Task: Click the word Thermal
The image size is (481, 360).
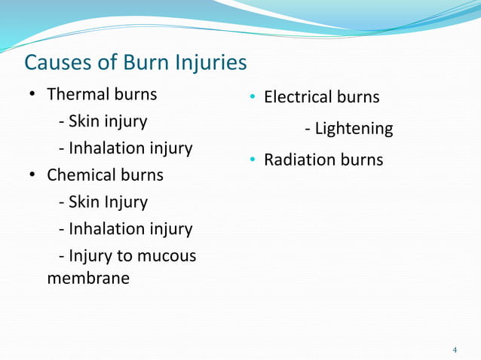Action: click(x=78, y=95)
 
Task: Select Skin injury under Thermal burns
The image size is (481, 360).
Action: click(x=107, y=121)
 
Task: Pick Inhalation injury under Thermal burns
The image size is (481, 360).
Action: click(x=130, y=148)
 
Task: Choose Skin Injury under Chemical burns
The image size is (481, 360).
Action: click(x=107, y=203)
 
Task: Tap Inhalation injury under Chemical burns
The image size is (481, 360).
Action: click(x=130, y=229)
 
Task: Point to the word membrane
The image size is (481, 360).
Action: click(x=87, y=278)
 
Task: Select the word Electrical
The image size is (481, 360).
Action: click(x=299, y=97)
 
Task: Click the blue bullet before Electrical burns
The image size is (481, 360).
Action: click(x=253, y=97)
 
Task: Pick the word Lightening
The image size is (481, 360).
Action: click(x=354, y=129)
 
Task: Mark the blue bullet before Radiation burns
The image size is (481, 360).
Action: click(x=253, y=160)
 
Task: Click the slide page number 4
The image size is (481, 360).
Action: click(x=455, y=350)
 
